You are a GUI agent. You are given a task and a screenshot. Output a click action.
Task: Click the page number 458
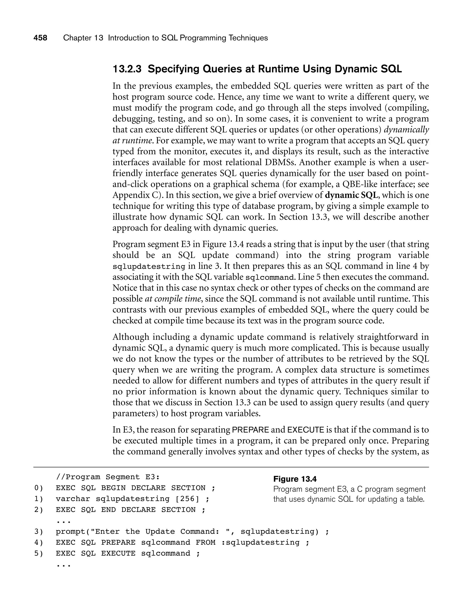click(40, 38)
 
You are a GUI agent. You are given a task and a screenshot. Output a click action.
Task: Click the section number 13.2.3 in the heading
click(127, 69)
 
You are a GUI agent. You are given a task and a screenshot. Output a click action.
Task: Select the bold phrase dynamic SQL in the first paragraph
click(351, 195)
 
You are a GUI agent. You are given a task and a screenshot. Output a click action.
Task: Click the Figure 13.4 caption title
click(295, 479)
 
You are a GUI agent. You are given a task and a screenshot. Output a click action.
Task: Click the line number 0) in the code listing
click(39, 488)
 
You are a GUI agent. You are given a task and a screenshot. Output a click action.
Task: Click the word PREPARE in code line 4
click(118, 542)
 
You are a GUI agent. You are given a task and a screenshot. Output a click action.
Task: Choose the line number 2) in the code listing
click(39, 510)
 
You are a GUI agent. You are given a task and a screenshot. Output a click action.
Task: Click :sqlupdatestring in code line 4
click(261, 542)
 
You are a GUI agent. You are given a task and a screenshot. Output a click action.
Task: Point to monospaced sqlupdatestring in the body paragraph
click(149, 266)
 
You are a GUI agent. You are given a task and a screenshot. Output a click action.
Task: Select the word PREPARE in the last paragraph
click(250, 430)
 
